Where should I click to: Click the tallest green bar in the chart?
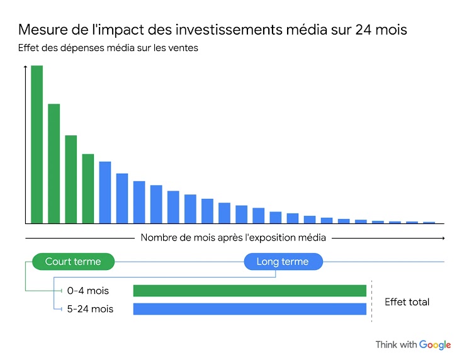[37, 144]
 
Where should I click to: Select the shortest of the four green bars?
[88, 188]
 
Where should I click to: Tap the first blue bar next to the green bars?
[105, 192]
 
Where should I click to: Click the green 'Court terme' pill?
[73, 261]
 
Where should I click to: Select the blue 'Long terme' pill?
[283, 261]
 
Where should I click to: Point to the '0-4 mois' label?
[88, 291]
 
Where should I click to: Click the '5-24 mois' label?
[90, 309]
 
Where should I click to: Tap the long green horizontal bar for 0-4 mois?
[249, 291]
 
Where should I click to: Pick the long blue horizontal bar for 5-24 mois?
[249, 309]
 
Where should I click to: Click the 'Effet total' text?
[407, 302]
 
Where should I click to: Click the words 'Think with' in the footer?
[396, 345]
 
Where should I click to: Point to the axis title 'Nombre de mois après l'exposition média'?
[233, 238]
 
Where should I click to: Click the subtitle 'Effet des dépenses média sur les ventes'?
[108, 48]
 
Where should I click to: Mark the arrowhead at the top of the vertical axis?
[25, 67]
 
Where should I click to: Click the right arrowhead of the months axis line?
[443, 238]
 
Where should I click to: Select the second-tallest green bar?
[54, 163]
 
